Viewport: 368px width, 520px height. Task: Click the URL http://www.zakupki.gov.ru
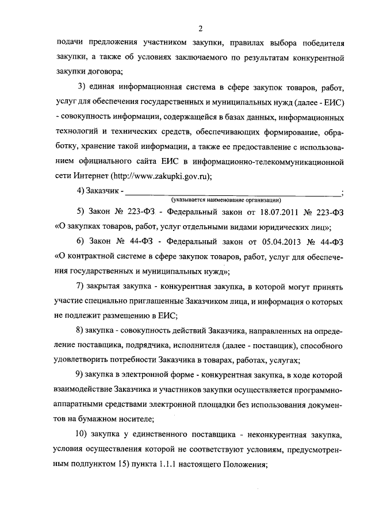(x=157, y=178)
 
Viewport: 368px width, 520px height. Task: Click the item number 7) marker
(x=81, y=286)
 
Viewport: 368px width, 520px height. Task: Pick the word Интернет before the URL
(x=89, y=178)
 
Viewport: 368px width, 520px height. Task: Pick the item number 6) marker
(x=81, y=256)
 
